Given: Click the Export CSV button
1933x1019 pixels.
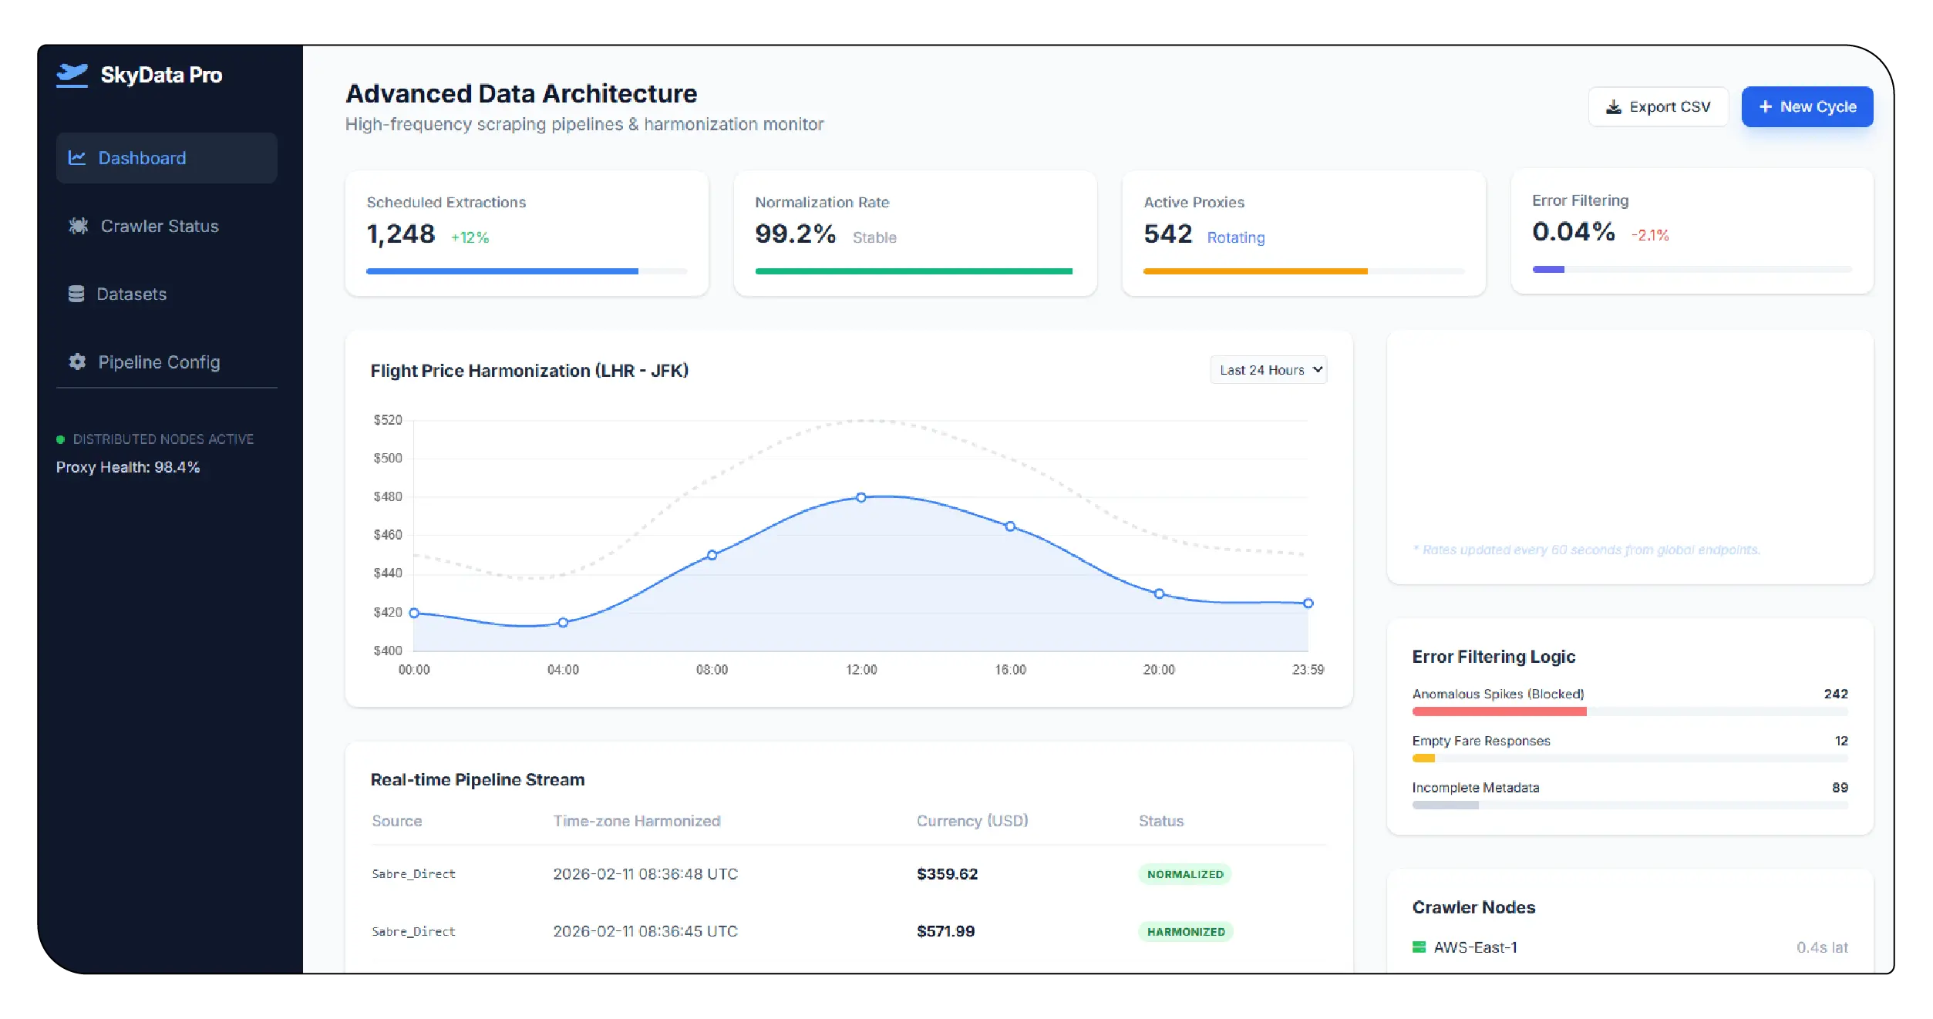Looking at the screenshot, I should (1658, 107).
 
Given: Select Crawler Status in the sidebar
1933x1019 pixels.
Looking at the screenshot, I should (159, 226).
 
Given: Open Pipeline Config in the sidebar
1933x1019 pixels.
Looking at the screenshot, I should (158, 362).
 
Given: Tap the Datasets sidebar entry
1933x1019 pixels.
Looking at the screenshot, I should (131, 294).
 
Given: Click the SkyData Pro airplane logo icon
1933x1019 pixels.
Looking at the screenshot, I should (72, 75).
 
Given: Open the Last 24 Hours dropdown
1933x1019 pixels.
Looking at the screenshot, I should (1268, 370).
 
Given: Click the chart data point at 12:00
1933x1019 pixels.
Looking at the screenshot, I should (861, 498).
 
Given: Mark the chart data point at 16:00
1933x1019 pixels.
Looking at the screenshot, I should (1010, 526).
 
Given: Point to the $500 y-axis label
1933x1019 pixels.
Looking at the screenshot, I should (388, 459).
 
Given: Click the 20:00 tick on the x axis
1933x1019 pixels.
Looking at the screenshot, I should (1159, 670).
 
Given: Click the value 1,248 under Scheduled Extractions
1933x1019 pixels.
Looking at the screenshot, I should (401, 234).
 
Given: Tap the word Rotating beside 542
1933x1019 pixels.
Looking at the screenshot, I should (1235, 237).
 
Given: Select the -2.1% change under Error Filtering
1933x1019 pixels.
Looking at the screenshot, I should (1650, 235).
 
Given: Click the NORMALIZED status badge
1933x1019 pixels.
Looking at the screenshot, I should (1185, 874).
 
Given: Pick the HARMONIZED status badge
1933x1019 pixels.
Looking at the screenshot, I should (1186, 932).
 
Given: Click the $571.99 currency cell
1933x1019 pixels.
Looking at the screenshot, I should (945, 932).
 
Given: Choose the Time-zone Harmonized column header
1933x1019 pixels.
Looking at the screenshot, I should (636, 821).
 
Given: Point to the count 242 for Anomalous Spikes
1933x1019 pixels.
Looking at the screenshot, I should (1835, 694).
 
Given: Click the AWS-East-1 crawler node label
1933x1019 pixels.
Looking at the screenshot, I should (1475, 947).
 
